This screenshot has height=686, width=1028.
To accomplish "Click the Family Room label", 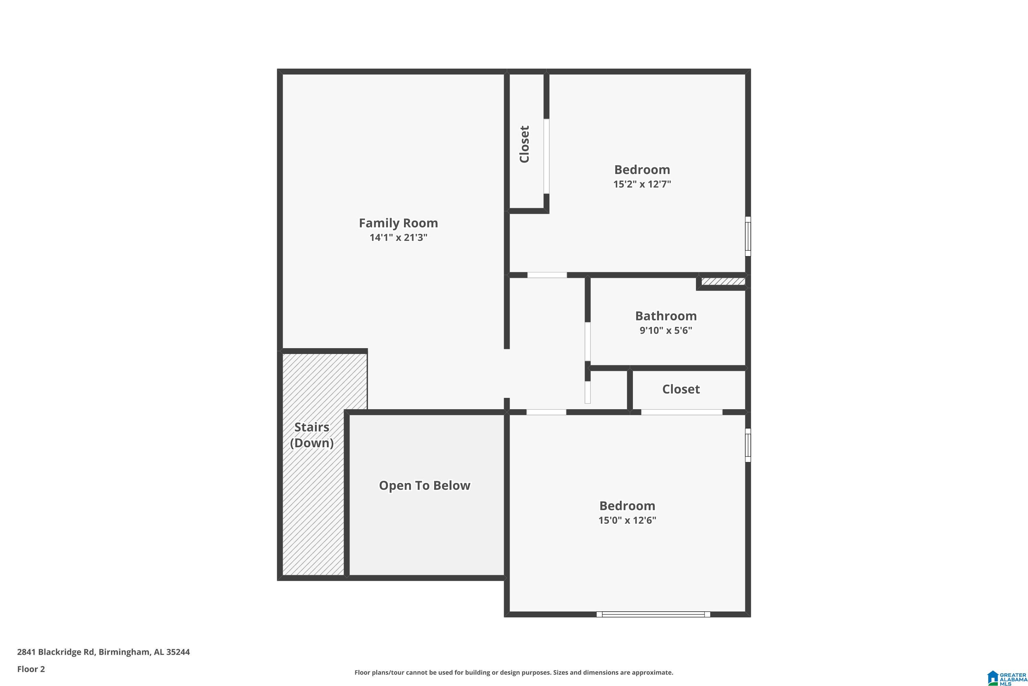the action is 398,223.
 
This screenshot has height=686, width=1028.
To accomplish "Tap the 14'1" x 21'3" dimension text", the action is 398,238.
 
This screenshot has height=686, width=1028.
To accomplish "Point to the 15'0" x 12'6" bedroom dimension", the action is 627,520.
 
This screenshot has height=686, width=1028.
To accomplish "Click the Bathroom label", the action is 666,316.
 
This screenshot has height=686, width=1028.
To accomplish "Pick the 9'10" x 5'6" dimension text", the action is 666,330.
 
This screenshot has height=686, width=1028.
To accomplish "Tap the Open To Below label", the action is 425,486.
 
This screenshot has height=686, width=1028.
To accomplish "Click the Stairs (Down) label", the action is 311,435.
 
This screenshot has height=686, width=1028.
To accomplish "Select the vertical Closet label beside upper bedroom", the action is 525,144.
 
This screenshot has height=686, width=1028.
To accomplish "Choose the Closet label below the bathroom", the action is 681,389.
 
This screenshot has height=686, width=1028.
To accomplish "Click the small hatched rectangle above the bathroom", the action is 723,281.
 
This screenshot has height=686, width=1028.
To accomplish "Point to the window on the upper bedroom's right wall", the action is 748,236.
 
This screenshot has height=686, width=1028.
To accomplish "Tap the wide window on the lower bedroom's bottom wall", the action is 653,614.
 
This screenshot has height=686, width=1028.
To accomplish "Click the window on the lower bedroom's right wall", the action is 748,445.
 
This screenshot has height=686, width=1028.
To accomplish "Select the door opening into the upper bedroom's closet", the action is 546,156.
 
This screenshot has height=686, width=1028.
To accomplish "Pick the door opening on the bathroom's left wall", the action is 587,342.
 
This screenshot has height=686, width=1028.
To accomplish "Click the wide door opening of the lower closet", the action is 682,412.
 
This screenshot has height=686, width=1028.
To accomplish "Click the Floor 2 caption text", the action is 31,669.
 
